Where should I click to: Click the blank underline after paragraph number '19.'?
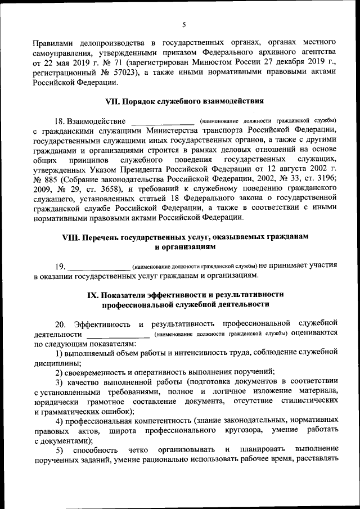coord(98,267)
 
